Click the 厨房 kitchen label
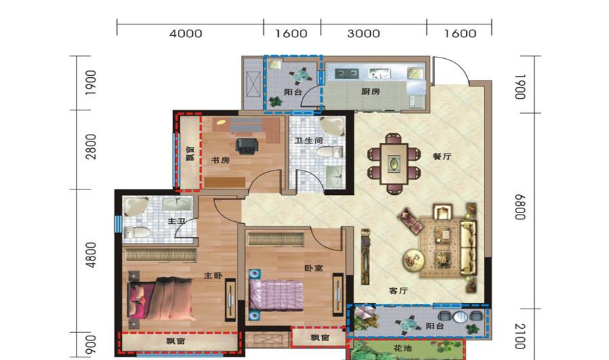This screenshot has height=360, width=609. point(370,91)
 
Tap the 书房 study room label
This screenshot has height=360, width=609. point(220,160)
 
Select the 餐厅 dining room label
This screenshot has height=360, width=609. point(442,156)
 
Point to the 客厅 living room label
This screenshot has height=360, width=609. point(398,290)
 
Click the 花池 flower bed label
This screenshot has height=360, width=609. point(403,348)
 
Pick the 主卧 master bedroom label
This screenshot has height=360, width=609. point(213,275)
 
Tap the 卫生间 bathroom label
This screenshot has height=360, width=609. point(309,141)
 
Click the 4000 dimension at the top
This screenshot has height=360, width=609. point(185,33)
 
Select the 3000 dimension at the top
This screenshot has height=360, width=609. point(363,33)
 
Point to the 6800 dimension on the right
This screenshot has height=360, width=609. point(520,207)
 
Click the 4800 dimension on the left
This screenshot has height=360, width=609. point(91,254)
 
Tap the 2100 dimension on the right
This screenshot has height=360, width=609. point(520,336)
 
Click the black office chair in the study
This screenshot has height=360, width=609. point(246,146)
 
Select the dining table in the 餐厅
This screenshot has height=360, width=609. point(394,164)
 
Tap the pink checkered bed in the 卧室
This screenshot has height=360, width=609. point(276,295)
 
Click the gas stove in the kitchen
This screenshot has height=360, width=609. point(347,73)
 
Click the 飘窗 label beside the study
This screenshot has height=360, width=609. point(190,154)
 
